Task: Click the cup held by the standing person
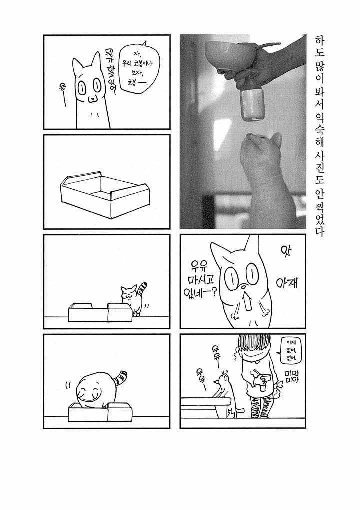[263, 384]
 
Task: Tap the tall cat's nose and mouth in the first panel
[93, 99]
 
